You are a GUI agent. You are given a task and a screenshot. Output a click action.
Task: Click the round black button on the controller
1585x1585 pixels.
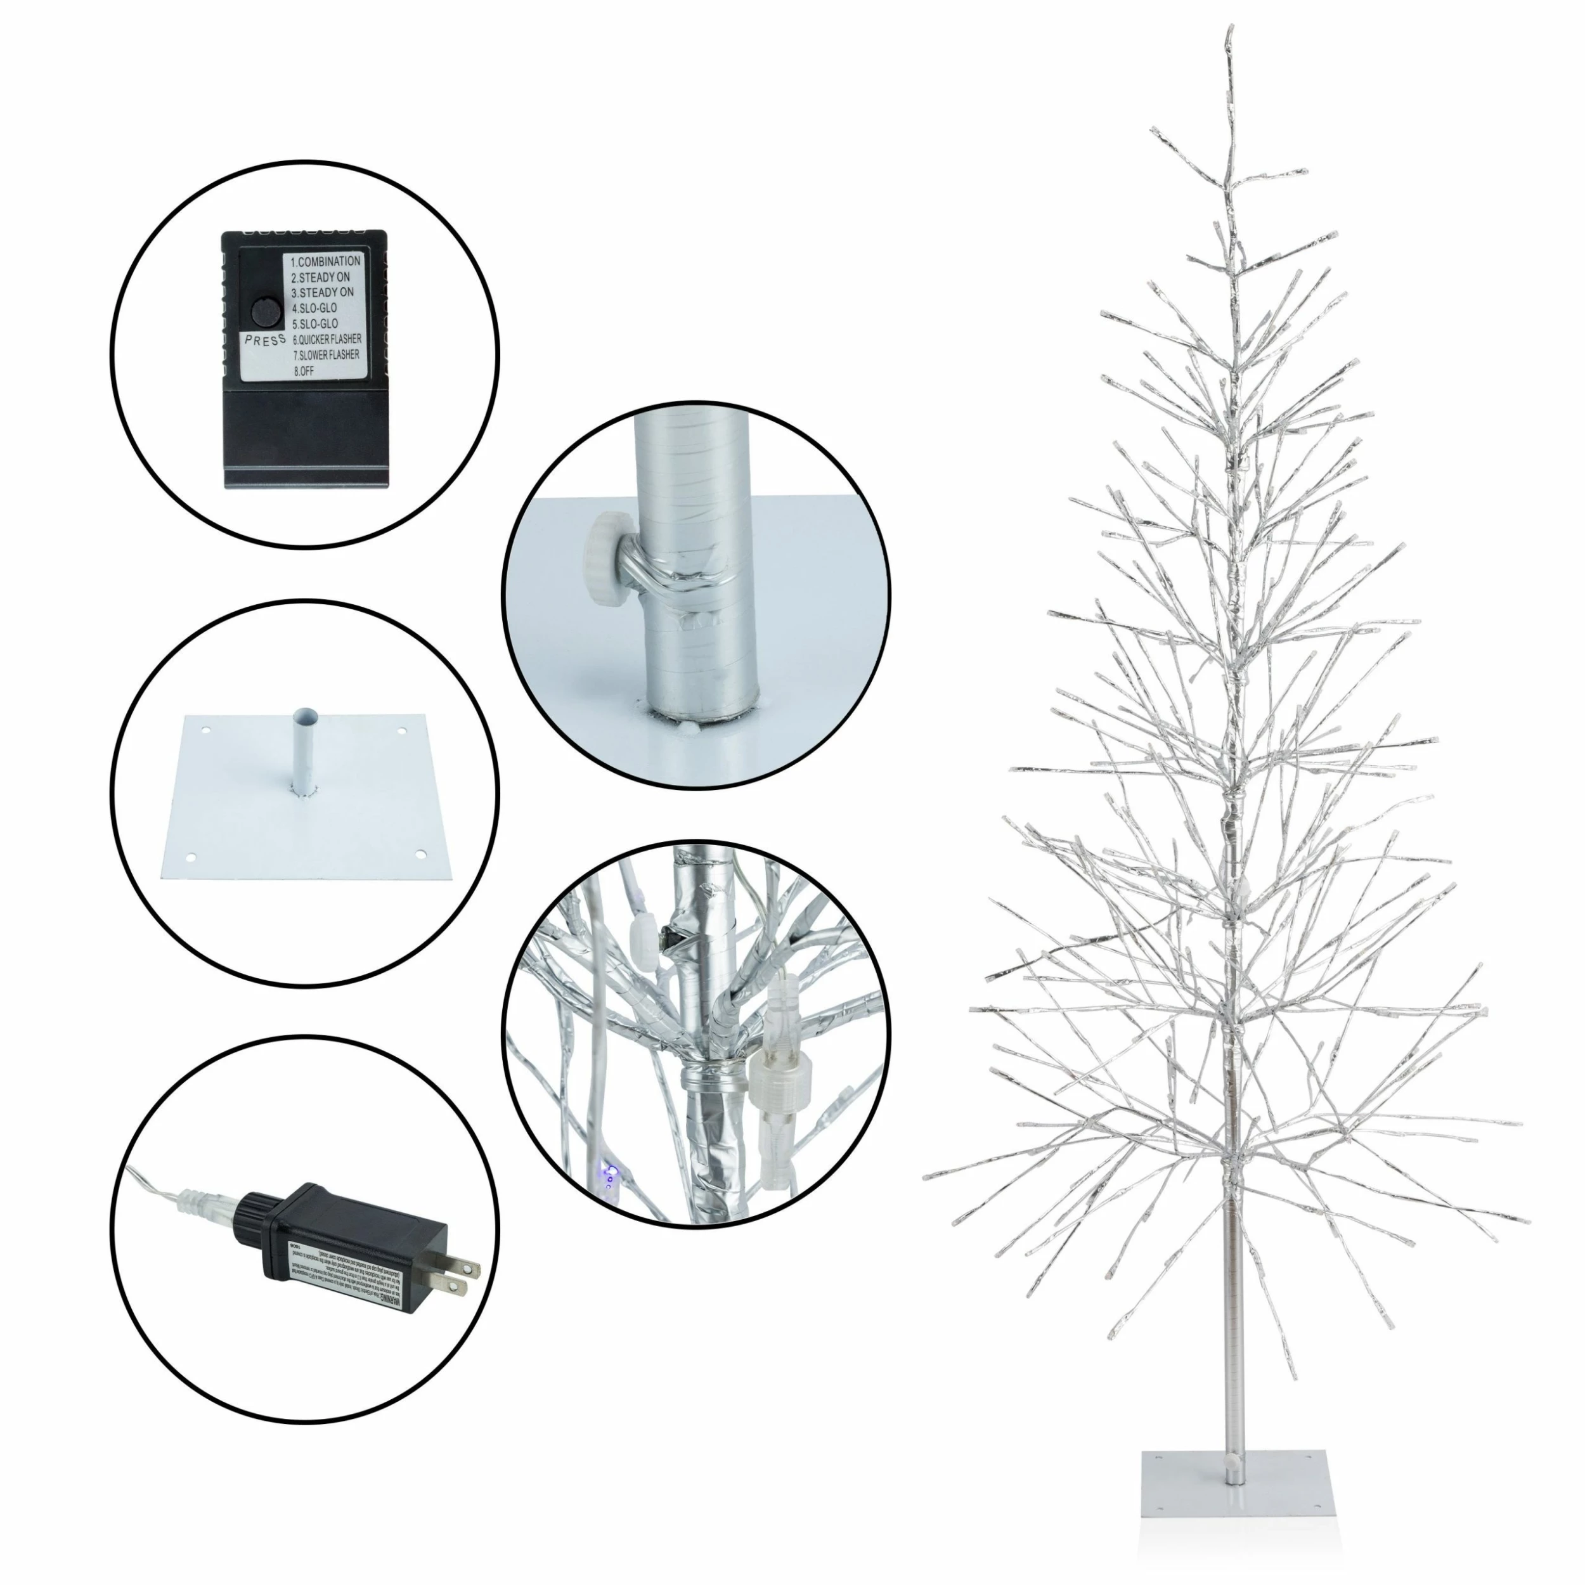tap(262, 312)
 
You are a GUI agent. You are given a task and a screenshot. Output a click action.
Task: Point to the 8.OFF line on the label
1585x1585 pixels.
tap(304, 371)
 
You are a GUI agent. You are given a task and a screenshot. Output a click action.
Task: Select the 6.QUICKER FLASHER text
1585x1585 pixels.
tap(327, 339)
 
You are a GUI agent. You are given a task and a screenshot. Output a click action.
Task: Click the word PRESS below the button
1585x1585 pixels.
tap(265, 340)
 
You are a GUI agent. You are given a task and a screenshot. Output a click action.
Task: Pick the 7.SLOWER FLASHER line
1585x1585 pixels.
tap(327, 355)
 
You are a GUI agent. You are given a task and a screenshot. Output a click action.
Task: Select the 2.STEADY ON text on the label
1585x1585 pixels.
tap(321, 277)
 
